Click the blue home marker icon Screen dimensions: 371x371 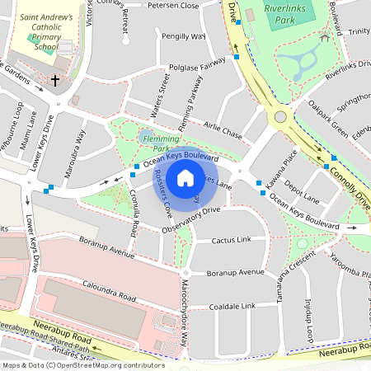click(x=185, y=178)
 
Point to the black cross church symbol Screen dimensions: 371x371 click(x=55, y=81)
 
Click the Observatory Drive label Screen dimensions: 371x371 click(x=191, y=218)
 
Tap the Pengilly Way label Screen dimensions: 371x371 click(x=183, y=37)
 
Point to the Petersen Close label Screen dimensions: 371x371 click(x=173, y=5)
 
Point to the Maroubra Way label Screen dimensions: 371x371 click(x=75, y=148)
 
